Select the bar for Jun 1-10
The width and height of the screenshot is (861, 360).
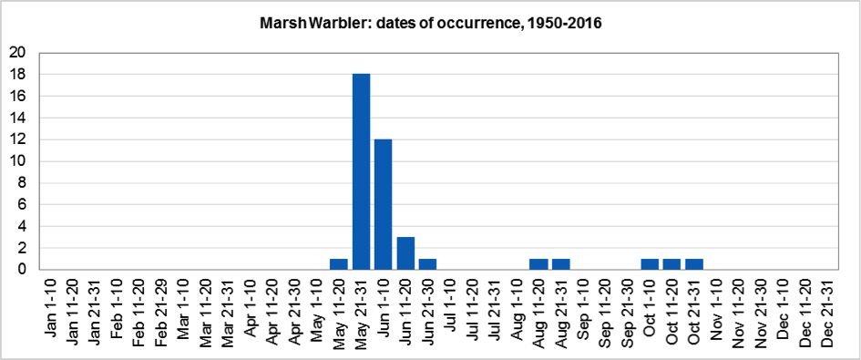[x=383, y=204]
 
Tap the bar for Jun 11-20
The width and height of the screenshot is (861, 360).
[x=405, y=252]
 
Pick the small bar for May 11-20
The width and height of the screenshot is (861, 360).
[x=338, y=264]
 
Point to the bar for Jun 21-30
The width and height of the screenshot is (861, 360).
[x=427, y=264]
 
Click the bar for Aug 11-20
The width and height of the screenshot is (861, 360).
[x=538, y=264]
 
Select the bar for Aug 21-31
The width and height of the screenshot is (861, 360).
[x=561, y=264]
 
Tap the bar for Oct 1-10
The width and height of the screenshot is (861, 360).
[x=650, y=264]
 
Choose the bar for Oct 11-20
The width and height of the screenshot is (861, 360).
[x=672, y=264]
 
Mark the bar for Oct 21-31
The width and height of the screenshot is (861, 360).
[x=694, y=264]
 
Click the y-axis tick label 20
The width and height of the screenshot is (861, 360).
[x=16, y=53]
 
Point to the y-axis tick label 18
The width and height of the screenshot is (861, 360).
[x=16, y=75]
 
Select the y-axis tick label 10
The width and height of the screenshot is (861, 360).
[x=16, y=161]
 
